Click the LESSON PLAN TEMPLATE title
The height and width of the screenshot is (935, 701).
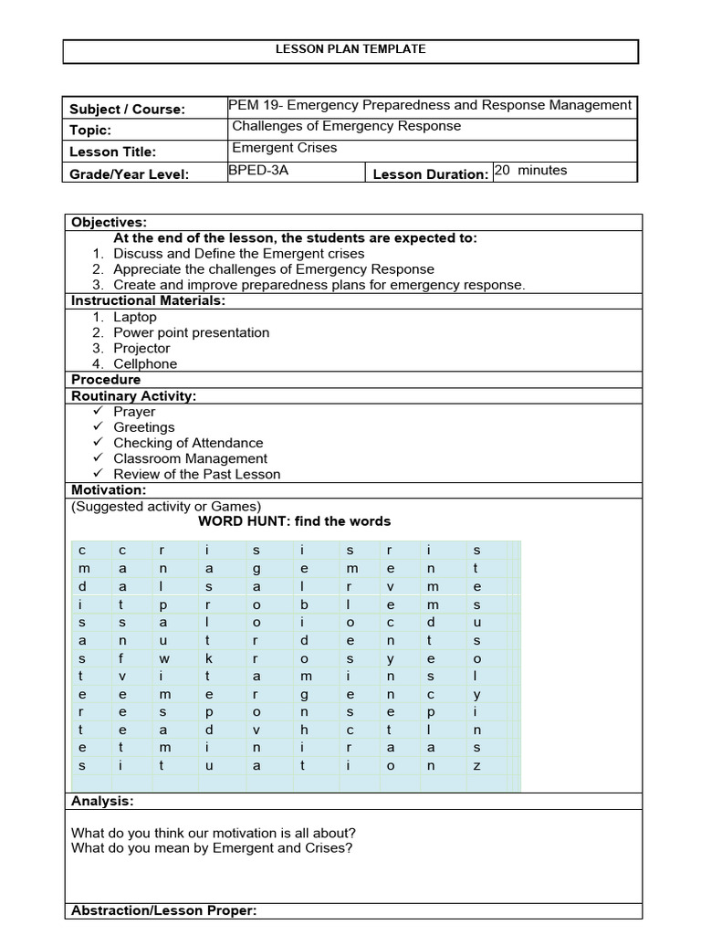(350, 49)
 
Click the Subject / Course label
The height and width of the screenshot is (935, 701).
(127, 110)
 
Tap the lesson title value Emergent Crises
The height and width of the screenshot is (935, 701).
(284, 147)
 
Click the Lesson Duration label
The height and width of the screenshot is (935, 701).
(431, 174)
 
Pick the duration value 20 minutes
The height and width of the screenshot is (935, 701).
(530, 170)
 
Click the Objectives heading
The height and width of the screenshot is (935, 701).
(109, 222)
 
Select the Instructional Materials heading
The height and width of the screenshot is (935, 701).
(148, 300)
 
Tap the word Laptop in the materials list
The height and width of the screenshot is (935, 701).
(135, 317)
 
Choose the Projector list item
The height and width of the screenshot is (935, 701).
(141, 348)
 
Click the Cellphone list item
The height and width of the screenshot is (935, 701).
(145, 363)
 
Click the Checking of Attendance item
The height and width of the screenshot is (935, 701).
(188, 443)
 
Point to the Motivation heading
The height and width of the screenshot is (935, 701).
(108, 490)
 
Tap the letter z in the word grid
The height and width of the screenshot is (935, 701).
(476, 766)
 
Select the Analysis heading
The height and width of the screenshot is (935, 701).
(102, 801)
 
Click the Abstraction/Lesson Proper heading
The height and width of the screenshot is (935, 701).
(163, 910)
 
